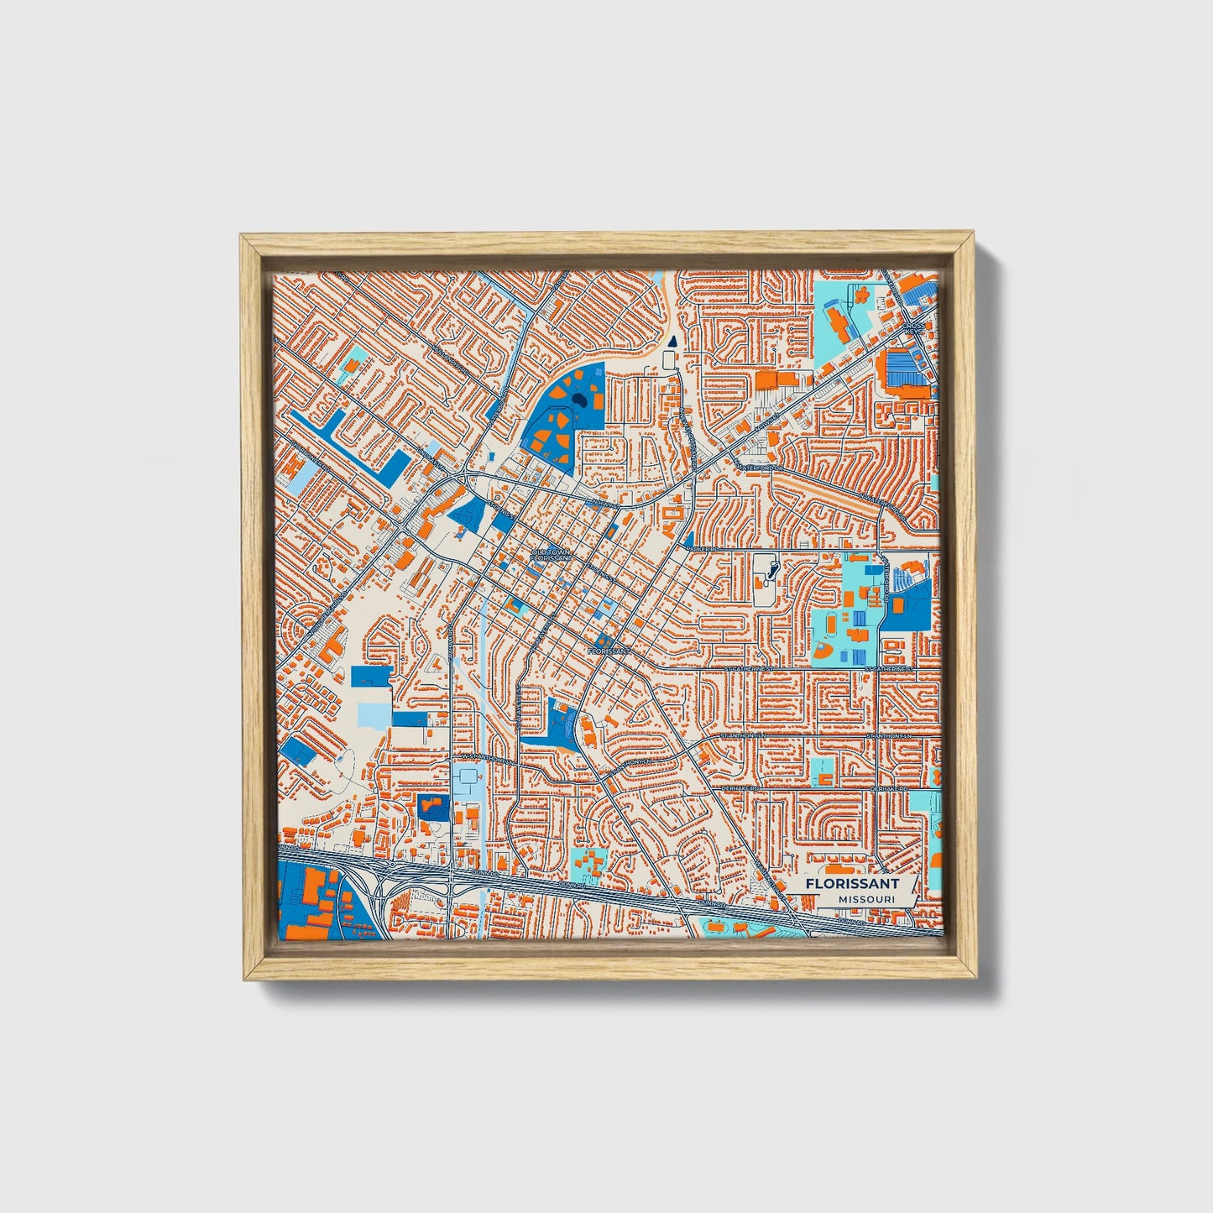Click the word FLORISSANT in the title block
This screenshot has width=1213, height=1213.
pyautogui.click(x=851, y=883)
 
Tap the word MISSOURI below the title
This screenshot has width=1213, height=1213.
pyautogui.click(x=865, y=900)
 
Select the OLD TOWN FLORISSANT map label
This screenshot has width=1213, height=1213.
pyautogui.click(x=551, y=555)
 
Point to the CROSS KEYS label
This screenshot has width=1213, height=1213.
pyautogui.click(x=915, y=327)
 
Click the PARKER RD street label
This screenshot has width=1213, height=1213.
pyautogui.click(x=703, y=548)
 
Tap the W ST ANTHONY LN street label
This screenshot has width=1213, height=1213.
pyautogui.click(x=484, y=757)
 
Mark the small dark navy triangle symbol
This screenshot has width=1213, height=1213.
pyautogui.click(x=672, y=341)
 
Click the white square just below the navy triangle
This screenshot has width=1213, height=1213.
pyautogui.click(x=670, y=360)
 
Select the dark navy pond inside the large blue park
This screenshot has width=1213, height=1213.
pyautogui.click(x=579, y=406)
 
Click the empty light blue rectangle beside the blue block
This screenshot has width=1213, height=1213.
pyautogui.click(x=374, y=714)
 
